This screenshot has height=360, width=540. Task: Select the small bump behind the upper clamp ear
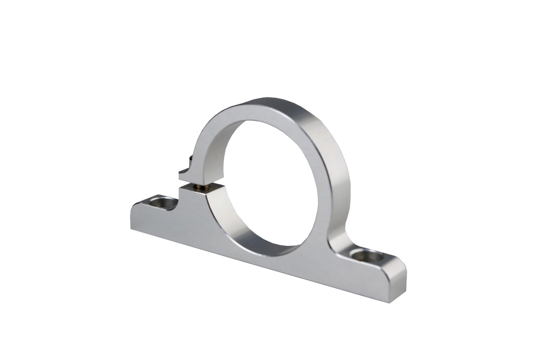[191, 159]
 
